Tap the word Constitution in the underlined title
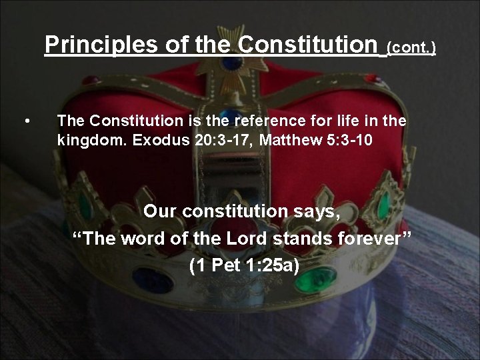(307, 45)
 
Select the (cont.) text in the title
(411, 48)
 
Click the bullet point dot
(26, 121)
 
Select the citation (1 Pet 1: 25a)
(244, 266)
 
